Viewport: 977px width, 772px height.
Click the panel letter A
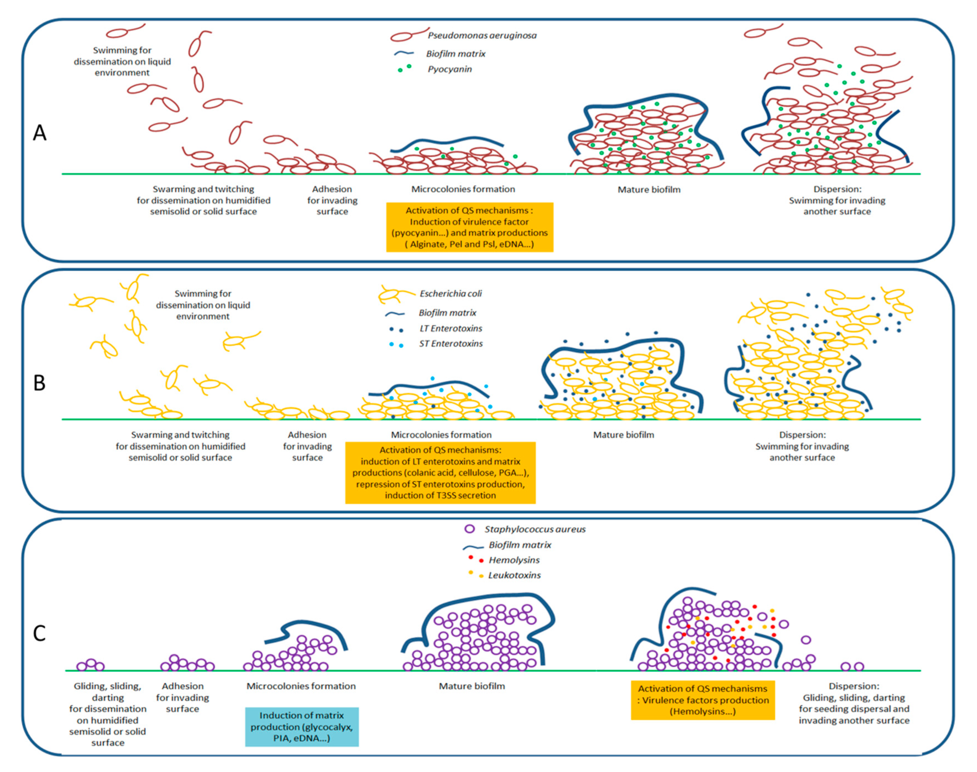coord(40,133)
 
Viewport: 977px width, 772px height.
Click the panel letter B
coord(40,383)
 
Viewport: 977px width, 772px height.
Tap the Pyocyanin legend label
coord(450,69)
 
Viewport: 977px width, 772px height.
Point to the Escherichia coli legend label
coord(450,294)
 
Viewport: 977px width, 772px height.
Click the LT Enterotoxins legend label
coord(450,329)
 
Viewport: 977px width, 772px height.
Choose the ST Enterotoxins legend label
coord(450,344)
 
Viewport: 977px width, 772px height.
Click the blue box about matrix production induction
coord(302,727)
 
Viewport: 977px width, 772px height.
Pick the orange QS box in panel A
coord(470,227)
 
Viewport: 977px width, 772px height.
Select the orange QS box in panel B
coord(440,472)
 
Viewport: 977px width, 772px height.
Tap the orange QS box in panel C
coord(703,700)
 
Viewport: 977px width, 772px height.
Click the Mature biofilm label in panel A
coord(649,190)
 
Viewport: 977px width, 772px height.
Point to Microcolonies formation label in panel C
coord(301,686)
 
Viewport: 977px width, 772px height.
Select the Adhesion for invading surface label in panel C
coord(183,697)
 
